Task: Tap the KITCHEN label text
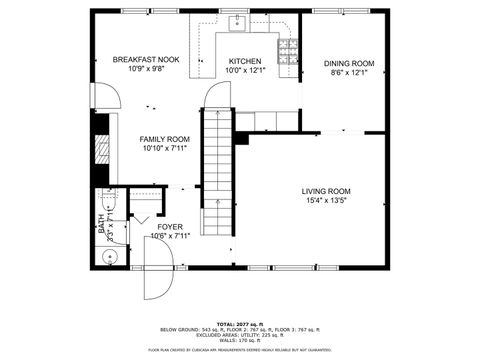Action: (x=245, y=60)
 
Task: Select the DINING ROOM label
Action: (x=349, y=63)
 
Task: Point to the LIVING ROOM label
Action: (x=326, y=191)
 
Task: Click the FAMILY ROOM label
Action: (x=165, y=139)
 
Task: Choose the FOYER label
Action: (x=169, y=227)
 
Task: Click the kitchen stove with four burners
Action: (x=287, y=49)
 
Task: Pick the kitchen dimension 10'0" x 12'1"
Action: (x=245, y=70)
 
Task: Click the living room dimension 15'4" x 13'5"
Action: (x=326, y=201)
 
